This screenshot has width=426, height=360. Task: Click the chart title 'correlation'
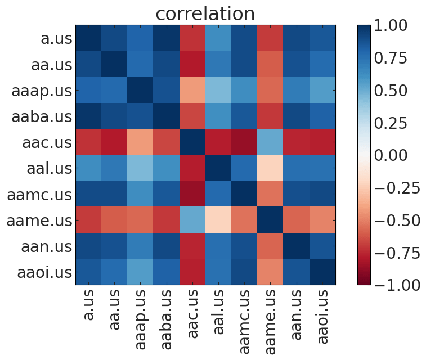[x=205, y=13]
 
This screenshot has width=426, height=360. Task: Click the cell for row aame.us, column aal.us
[x=219, y=220]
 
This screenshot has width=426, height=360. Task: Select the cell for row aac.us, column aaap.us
[x=141, y=142]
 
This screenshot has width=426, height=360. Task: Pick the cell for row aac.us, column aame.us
[x=271, y=142]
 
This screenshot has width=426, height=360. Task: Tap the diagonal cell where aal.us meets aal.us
[x=219, y=168]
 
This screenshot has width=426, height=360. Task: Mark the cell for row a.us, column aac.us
[x=192, y=38]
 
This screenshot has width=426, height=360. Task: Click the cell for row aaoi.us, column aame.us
[x=271, y=272]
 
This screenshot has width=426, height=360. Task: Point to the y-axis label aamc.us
[x=40, y=195]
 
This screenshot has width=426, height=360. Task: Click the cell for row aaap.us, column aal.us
[x=219, y=90]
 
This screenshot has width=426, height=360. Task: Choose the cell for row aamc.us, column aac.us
[x=192, y=194]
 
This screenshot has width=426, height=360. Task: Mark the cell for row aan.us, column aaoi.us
[x=322, y=246]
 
